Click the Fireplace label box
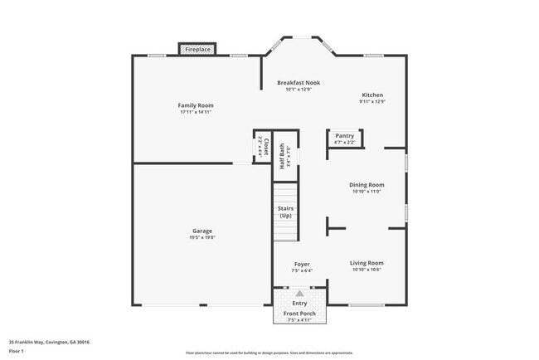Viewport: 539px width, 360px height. click(197, 50)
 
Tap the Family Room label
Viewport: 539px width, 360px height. click(196, 105)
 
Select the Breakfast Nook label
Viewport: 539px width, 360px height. click(298, 83)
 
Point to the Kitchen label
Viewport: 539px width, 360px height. click(372, 95)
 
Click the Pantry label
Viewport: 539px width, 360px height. click(344, 135)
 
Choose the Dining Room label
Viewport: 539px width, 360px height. click(366, 184)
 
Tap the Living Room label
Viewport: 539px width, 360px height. click(366, 263)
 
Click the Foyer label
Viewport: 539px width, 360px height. click(302, 264)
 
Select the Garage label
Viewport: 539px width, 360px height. click(202, 231)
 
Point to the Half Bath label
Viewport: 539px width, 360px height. click(283, 156)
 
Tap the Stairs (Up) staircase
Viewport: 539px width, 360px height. click(285, 212)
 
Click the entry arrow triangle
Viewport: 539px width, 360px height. click(299, 293)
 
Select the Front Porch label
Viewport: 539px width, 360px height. click(299, 313)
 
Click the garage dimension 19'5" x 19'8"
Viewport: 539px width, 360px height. click(202, 237)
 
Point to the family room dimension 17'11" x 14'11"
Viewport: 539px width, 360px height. click(196, 112)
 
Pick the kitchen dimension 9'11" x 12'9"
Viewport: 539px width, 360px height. click(372, 101)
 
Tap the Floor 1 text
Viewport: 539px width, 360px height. click(17, 351)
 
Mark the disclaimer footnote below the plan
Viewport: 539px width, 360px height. click(269, 353)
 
